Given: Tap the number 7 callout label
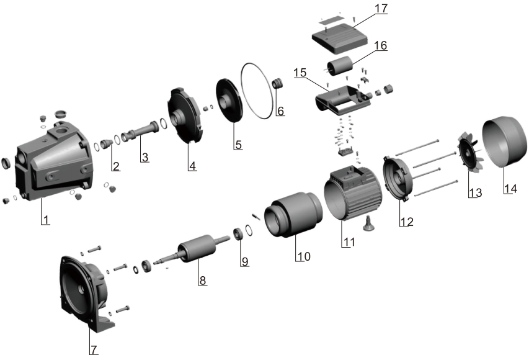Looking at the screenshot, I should pyautogui.click(x=94, y=349).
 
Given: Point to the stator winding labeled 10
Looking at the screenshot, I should pyautogui.click(x=292, y=218).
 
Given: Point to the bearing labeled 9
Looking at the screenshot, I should pyautogui.click(x=238, y=234).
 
